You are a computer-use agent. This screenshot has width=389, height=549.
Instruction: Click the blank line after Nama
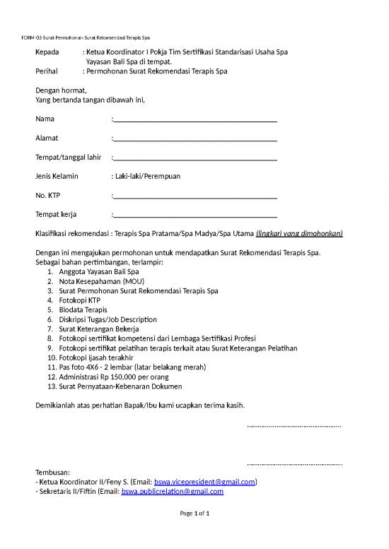point(194,120)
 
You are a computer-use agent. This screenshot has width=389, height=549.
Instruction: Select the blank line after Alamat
point(194,139)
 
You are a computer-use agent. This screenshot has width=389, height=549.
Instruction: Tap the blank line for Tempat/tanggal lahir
point(194,158)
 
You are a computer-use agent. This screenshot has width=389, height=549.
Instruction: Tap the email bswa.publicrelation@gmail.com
point(173,491)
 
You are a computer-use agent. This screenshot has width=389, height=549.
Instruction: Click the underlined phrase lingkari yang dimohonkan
point(299,233)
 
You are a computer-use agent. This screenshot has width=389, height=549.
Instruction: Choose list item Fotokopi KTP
point(80,300)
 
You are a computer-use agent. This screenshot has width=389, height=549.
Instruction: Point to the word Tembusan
point(52,472)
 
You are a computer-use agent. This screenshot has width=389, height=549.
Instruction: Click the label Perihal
point(47,71)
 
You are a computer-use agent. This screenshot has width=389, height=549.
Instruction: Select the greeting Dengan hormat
point(61,90)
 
